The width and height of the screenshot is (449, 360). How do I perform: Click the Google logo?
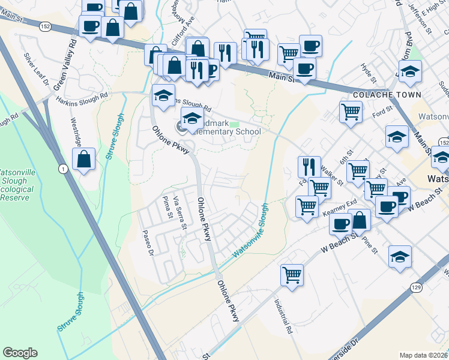20,353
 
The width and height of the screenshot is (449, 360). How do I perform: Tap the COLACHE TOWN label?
381,95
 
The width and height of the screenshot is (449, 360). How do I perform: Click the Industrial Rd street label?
283,317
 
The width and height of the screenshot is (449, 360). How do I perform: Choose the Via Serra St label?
179,213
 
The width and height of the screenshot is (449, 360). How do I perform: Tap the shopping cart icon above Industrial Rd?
292,275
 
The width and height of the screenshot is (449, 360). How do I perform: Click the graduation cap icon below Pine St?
400,256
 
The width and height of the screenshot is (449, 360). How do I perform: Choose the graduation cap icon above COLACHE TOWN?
411,71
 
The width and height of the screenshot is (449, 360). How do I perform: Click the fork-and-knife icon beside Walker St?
309,166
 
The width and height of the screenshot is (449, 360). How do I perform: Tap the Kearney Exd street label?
340,208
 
